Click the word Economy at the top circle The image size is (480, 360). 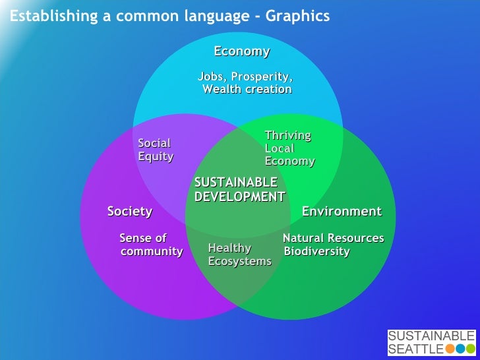pyautogui.click(x=241, y=51)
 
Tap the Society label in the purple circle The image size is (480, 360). pyautogui.click(x=130, y=212)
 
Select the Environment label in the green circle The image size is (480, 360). pyautogui.click(x=342, y=212)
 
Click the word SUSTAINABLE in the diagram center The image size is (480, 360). pyautogui.click(x=236, y=183)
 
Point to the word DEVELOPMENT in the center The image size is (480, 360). pyautogui.click(x=240, y=196)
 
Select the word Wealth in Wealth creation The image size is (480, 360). pyautogui.click(x=222, y=89)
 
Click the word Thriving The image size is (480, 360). pyautogui.click(x=287, y=136)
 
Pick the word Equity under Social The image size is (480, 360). pyautogui.click(x=156, y=156)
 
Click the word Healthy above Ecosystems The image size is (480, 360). pyautogui.click(x=229, y=249)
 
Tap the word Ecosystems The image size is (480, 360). pyautogui.click(x=239, y=262)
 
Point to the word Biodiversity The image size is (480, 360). pyautogui.click(x=316, y=252)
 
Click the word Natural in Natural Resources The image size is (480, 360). pyautogui.click(x=305, y=238)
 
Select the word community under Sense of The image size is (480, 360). pyautogui.click(x=152, y=252)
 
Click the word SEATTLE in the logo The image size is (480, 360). pyautogui.click(x=415, y=349)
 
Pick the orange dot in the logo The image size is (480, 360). pyautogui.click(x=450, y=349)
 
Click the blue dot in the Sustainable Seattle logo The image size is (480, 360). pyautogui.click(x=460, y=349)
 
